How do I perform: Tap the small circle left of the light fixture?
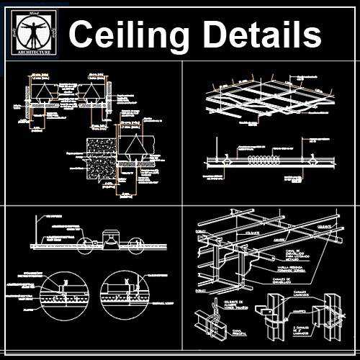85,242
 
